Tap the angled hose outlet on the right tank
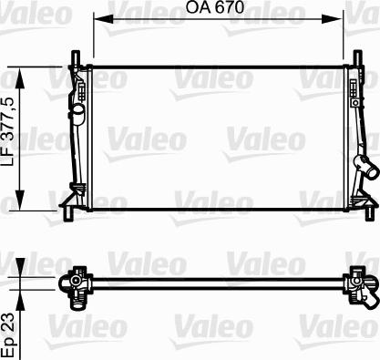(367, 170)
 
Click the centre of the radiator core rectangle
(217, 137)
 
